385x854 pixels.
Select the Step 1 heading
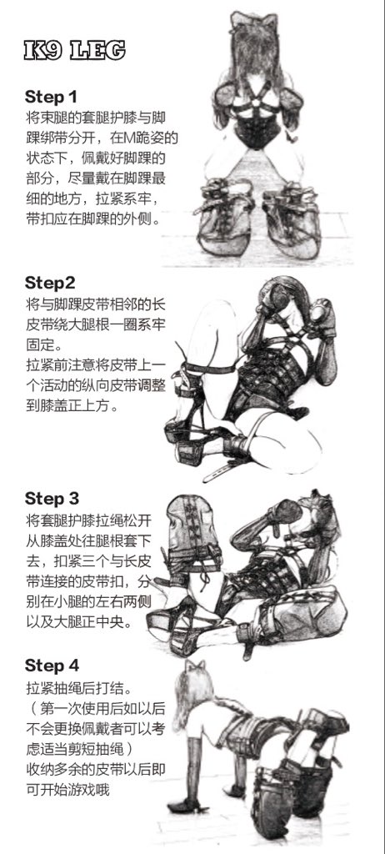51,97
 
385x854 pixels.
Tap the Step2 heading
50,284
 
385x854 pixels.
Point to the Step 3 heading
52,499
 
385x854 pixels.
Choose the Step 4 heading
52,666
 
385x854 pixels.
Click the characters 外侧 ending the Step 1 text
137,219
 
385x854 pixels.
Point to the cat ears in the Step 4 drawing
195,666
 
